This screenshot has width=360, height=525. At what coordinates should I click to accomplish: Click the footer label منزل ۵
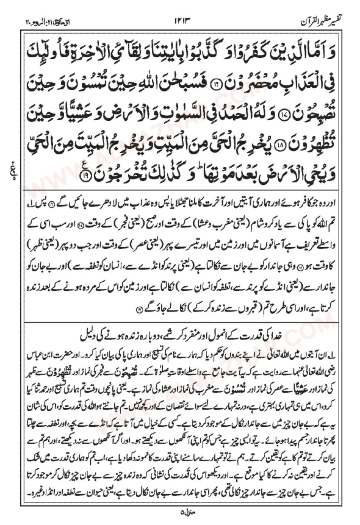tap(180, 510)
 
